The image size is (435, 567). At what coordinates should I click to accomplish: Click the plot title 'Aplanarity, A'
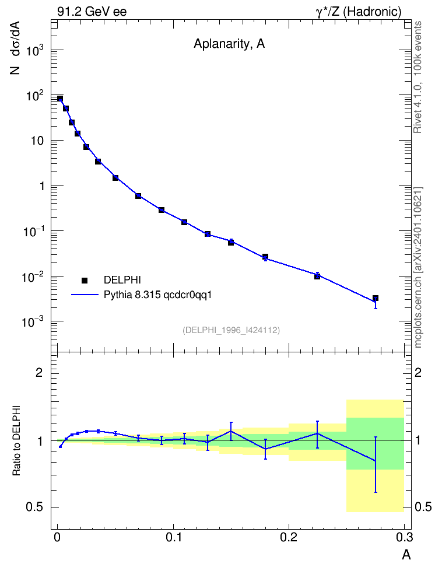click(x=229, y=44)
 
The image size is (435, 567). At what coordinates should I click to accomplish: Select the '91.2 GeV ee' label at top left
click(x=92, y=12)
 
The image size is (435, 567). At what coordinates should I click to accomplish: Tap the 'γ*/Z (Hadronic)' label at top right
click(x=359, y=12)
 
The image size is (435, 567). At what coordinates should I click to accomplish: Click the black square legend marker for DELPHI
click(x=85, y=280)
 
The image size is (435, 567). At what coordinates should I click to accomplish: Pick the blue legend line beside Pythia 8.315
click(x=85, y=295)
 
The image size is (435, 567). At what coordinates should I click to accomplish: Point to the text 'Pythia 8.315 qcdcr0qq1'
click(x=157, y=295)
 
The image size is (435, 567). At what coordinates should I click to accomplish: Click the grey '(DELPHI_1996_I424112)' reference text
click(x=231, y=330)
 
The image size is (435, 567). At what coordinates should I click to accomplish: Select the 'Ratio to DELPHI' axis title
click(x=17, y=440)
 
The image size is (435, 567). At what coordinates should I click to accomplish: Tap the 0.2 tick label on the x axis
click(x=289, y=537)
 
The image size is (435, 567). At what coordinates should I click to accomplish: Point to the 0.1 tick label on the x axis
click(x=174, y=537)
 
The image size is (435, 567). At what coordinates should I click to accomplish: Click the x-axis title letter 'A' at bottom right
click(x=406, y=554)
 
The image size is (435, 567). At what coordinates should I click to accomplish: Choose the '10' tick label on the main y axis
click(x=37, y=141)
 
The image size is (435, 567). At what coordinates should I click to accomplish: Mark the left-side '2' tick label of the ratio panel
click(x=39, y=373)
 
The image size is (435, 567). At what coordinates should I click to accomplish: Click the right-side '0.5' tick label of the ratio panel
click(x=423, y=508)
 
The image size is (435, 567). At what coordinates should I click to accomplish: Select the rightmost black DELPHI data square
click(x=376, y=298)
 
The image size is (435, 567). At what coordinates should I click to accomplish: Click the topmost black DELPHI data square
click(x=60, y=99)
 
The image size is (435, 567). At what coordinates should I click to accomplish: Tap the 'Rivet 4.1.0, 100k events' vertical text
click(x=418, y=77)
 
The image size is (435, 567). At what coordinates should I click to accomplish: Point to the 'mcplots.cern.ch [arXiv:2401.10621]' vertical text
click(x=418, y=268)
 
